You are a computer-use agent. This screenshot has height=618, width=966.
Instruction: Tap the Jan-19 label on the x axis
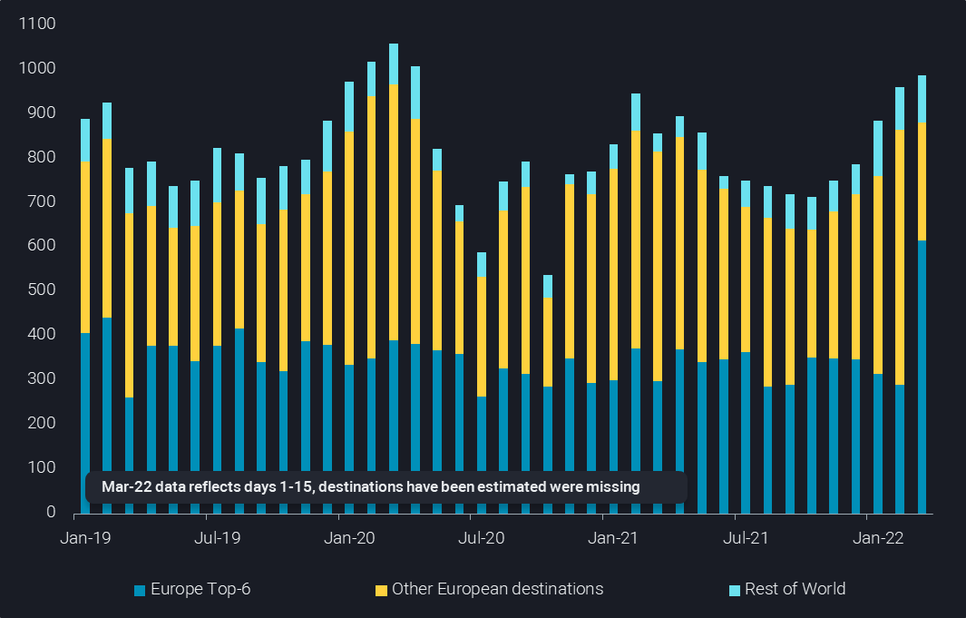coord(84,538)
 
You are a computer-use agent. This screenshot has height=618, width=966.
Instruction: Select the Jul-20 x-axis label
coord(482,538)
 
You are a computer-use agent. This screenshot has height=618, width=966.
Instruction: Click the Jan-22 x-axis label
coord(879,538)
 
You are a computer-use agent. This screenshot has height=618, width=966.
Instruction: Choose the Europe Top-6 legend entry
coord(200,589)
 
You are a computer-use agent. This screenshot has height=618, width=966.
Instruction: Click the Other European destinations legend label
coord(497,589)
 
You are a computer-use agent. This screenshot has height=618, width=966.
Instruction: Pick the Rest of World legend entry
coord(795,589)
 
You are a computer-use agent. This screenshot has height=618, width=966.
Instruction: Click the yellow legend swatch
coord(381,591)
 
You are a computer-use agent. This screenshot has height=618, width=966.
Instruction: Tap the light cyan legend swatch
coord(734,591)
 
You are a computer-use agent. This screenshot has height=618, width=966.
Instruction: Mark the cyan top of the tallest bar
coord(394,64)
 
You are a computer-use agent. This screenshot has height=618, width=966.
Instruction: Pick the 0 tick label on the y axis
coord(51,513)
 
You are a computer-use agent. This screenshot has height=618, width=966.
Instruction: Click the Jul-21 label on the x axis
coord(746,538)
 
